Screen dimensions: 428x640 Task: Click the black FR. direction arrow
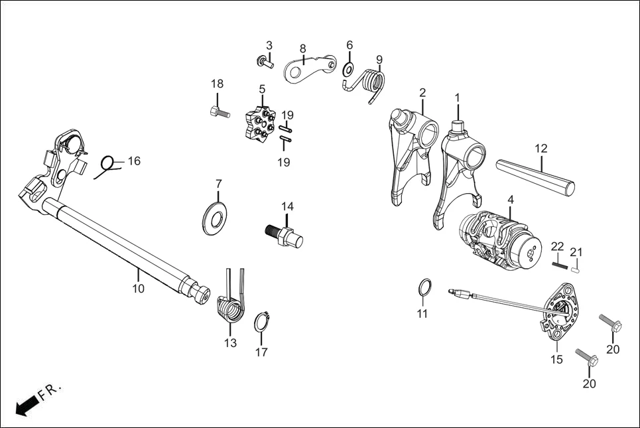(x=26, y=405)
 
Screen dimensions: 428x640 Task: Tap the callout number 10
(x=138, y=289)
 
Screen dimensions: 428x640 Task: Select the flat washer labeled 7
(x=216, y=215)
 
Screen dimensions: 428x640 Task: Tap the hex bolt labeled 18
(x=220, y=113)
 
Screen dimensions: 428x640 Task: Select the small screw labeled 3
(x=265, y=63)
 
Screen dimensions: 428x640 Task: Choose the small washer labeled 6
(x=348, y=69)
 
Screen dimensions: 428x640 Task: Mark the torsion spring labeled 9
(x=373, y=86)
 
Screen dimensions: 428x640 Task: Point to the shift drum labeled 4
(x=499, y=239)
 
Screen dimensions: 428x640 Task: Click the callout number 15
(x=556, y=359)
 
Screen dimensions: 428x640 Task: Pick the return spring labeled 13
(x=230, y=309)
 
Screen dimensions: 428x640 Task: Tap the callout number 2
(x=422, y=92)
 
